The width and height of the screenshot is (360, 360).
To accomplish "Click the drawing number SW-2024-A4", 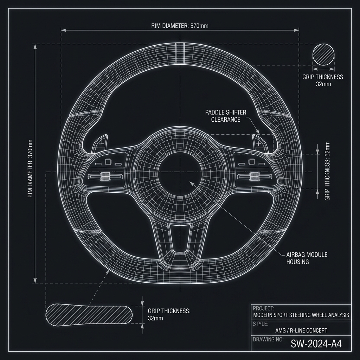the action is click(x=316, y=344).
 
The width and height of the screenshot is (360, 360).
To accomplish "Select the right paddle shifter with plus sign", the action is click(x=259, y=143).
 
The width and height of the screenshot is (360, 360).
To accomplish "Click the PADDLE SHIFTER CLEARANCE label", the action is click(x=226, y=116).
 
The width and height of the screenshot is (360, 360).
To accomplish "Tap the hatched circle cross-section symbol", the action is click(x=323, y=54).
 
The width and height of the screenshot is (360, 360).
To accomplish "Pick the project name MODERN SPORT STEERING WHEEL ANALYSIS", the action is click(x=301, y=315).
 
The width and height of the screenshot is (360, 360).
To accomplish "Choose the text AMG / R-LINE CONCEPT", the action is click(x=301, y=330).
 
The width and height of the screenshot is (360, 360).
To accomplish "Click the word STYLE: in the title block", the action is click(x=261, y=323).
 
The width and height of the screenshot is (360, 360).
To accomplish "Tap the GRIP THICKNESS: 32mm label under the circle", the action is click(x=323, y=81).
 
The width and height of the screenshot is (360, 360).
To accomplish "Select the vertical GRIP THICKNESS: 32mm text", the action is click(x=327, y=171).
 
